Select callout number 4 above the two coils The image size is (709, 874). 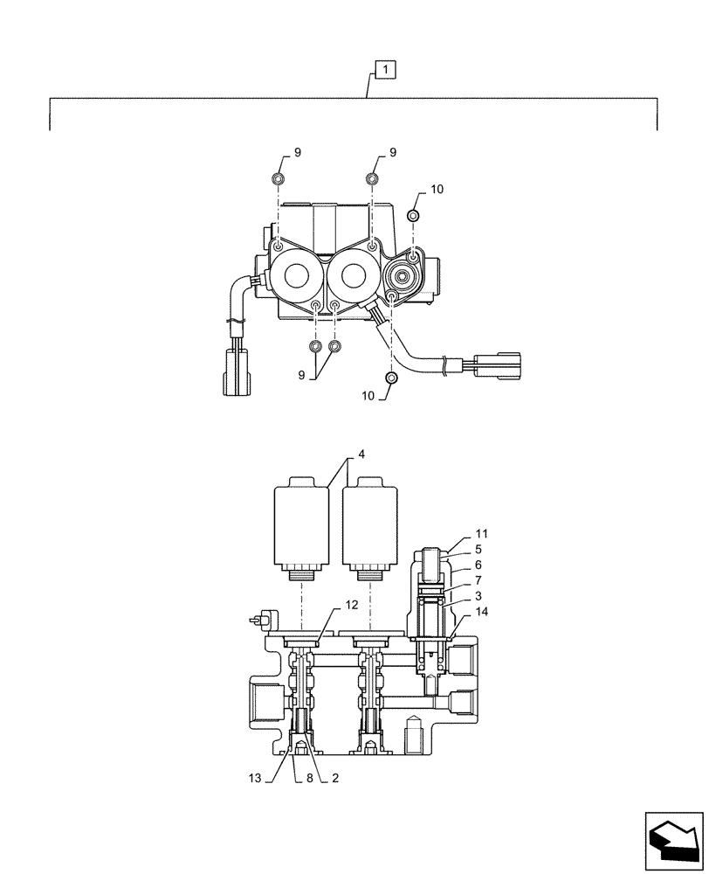360,455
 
